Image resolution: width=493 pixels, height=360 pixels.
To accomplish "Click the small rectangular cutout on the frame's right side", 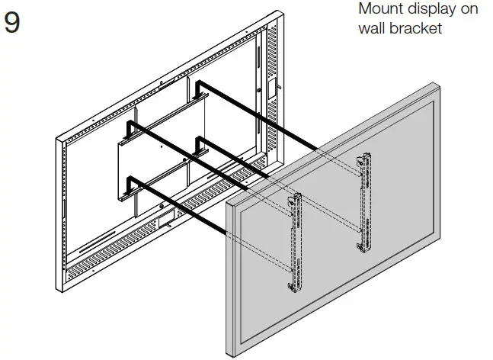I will (x=271, y=88).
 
